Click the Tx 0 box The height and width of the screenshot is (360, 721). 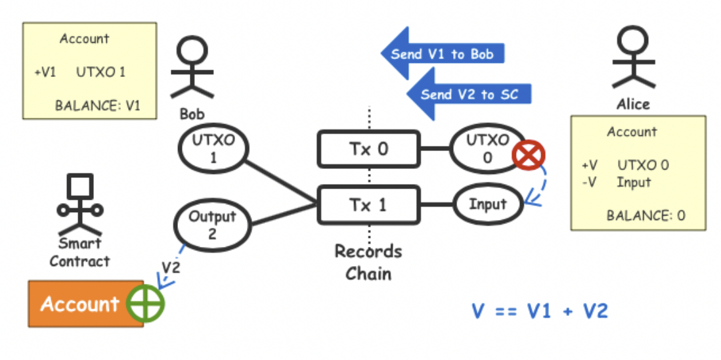[368, 148]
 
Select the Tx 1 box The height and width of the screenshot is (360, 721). [368, 204]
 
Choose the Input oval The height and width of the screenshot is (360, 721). [487, 204]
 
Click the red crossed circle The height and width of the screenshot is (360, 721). [526, 156]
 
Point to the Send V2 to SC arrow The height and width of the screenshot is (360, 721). [468, 95]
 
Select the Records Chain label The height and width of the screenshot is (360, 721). [368, 261]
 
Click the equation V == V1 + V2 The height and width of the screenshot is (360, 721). [540, 310]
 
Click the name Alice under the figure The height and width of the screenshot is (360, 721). [633, 104]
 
